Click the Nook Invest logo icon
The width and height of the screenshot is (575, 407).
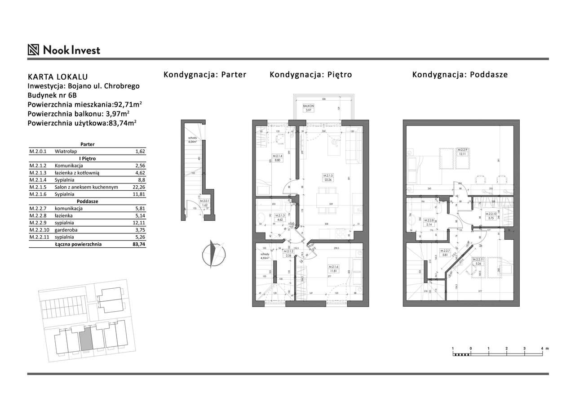(x=33, y=49)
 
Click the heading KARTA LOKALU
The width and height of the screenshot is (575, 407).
(x=57, y=77)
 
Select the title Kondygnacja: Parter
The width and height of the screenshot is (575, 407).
(x=205, y=75)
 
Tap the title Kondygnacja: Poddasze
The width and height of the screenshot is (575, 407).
(x=460, y=75)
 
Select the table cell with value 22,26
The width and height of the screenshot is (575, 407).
(x=139, y=187)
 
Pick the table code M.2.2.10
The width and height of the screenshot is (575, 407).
(x=39, y=230)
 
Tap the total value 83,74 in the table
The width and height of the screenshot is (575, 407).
(x=138, y=244)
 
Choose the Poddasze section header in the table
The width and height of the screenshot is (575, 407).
(x=87, y=201)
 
